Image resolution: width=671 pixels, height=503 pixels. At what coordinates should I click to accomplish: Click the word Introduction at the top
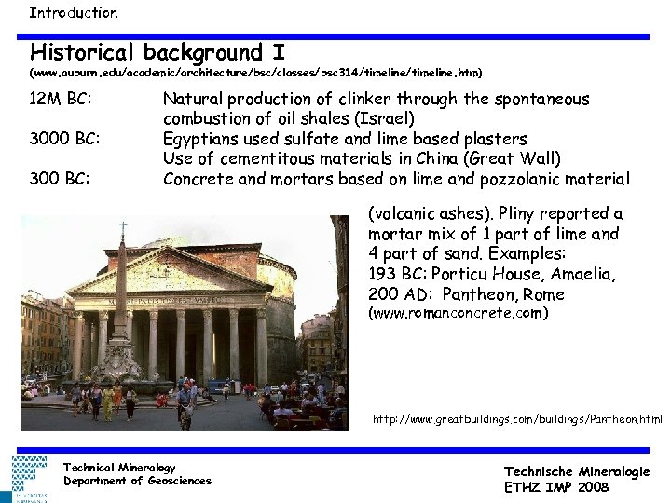pyautogui.click(x=73, y=13)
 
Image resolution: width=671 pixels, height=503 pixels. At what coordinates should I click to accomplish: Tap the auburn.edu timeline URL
pyautogui.click(x=256, y=72)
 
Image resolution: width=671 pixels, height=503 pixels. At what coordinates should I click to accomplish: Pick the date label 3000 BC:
pyautogui.click(x=64, y=140)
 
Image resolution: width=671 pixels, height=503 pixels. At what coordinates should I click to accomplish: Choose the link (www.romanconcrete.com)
pyautogui.click(x=459, y=314)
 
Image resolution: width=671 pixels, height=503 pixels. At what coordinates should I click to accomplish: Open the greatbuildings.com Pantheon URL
pyautogui.click(x=516, y=420)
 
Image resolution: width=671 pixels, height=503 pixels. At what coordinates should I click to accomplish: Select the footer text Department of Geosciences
pyautogui.click(x=137, y=481)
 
